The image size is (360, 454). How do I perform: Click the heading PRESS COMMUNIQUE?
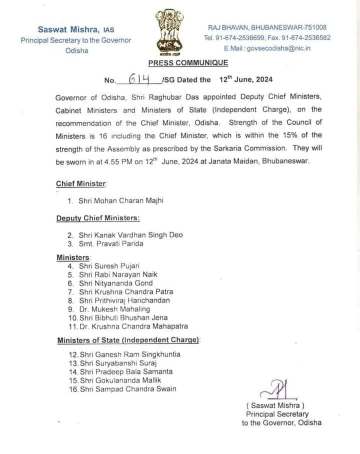188,63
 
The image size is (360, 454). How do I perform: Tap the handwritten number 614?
138,79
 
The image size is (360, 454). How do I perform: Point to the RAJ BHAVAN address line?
267,27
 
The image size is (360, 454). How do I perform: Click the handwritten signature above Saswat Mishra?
277,390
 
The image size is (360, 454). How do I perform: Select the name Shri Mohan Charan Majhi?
121,201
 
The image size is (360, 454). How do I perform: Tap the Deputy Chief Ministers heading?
98,218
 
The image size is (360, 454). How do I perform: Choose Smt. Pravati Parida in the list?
111,243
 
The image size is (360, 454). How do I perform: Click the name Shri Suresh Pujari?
109,266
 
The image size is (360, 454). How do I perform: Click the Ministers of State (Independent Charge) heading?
128,340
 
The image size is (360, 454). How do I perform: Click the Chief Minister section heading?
81,184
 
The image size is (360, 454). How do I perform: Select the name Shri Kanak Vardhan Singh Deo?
130,235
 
